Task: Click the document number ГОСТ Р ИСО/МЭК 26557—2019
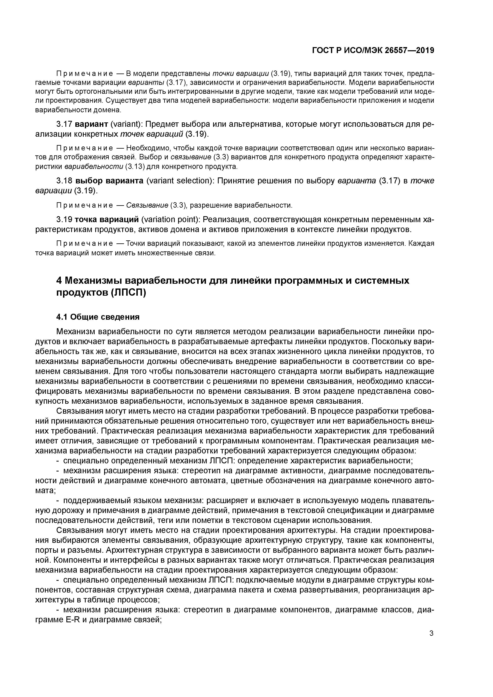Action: coord(373,50)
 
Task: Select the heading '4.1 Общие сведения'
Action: coord(98,317)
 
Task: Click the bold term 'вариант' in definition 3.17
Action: coord(91,124)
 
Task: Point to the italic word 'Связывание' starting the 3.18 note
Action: coord(147,205)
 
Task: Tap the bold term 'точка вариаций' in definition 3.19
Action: coord(107,219)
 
